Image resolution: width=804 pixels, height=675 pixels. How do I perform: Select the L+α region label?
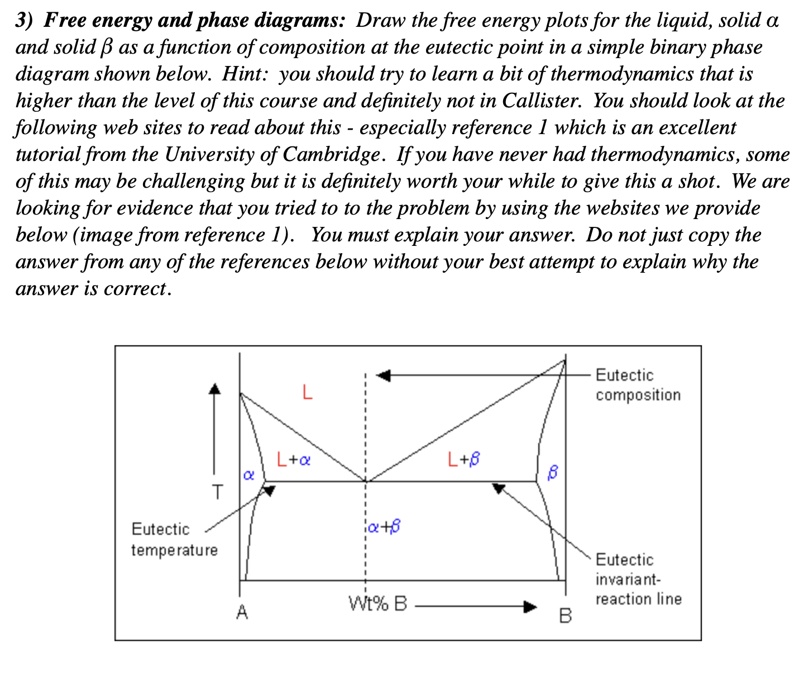coord(293,460)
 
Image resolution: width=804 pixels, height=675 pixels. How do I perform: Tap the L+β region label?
coord(464,459)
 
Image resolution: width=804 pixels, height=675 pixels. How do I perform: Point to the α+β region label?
coord(384,526)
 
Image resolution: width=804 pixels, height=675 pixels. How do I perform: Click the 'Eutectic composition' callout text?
coord(638,385)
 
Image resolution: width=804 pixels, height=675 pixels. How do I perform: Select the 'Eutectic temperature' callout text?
coord(174,539)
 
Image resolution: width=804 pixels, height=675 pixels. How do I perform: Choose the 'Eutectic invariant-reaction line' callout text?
coord(638,579)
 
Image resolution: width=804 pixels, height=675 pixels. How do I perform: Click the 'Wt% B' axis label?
coord(378,604)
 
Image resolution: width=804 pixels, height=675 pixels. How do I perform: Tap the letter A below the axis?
coord(241,613)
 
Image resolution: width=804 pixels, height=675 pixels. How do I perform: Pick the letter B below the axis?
coord(565,616)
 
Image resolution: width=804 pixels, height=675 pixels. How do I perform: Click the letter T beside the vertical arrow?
coord(217,491)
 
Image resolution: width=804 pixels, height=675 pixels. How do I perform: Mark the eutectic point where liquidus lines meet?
coord(366,481)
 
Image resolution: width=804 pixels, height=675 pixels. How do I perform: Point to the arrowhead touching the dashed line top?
coord(383,375)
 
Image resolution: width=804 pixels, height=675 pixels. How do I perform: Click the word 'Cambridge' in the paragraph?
coord(331,154)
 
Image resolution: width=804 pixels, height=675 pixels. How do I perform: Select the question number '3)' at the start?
coord(26,21)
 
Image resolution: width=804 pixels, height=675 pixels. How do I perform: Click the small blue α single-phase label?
coord(248,476)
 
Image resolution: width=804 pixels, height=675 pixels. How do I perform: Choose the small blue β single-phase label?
coord(553,473)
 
